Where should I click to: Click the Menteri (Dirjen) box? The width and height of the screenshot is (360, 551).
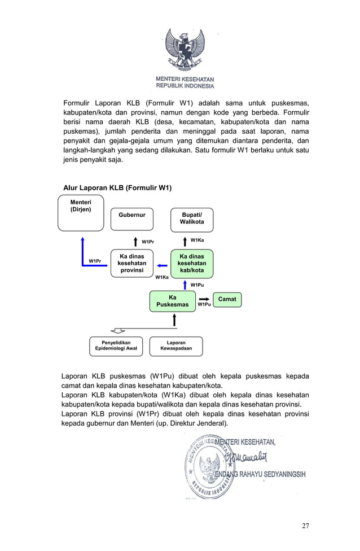tap(81, 212)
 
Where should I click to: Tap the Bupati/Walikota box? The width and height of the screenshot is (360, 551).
tap(192, 219)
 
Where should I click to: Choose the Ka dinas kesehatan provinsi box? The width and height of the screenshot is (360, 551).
tap(132, 264)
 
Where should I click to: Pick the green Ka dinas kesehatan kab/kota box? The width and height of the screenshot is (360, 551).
tap(192, 264)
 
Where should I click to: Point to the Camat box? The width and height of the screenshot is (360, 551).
tap(227, 299)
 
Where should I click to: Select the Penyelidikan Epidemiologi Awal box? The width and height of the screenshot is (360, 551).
tap(116, 346)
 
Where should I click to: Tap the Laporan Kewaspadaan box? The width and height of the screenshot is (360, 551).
tap(176, 346)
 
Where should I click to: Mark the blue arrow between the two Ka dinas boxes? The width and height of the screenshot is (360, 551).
tap(162, 265)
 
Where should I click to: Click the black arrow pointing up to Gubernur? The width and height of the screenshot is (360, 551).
tap(135, 242)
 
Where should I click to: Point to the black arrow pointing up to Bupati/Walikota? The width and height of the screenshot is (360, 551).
tap(184, 241)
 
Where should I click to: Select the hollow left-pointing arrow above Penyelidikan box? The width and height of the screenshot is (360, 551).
tap(118, 330)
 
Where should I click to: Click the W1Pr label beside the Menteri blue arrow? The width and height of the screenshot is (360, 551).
tap(95, 261)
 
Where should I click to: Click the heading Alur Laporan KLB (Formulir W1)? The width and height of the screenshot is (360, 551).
tap(117, 187)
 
